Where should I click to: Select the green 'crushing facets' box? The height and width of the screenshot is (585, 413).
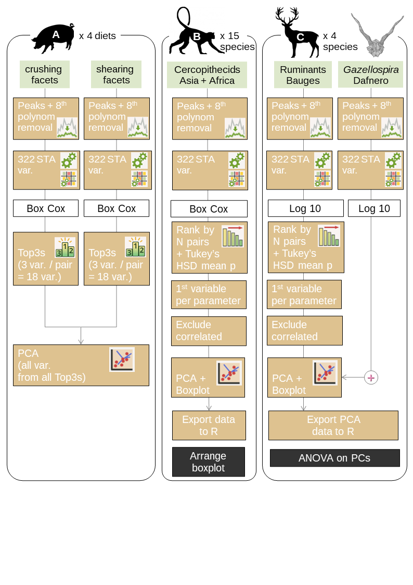[44, 74]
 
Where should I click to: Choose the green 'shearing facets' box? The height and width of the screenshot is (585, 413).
[116, 74]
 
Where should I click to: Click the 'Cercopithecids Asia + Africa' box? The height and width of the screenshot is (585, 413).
[207, 75]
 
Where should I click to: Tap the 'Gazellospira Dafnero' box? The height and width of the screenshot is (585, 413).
[370, 74]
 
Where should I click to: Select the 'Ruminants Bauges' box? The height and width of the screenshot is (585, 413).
[303, 75]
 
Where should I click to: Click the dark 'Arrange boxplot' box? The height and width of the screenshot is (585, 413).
[208, 462]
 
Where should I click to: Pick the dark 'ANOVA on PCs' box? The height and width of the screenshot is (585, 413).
[334, 458]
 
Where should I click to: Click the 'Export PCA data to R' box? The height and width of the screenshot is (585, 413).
[333, 425]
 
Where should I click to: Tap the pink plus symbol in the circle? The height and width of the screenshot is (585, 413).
[371, 378]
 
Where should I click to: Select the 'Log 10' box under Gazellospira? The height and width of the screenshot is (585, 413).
[374, 208]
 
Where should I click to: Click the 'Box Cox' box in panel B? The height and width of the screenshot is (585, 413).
[209, 209]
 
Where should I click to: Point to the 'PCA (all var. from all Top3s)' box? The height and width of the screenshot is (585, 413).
[81, 365]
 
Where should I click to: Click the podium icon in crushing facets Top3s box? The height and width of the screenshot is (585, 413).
[65, 247]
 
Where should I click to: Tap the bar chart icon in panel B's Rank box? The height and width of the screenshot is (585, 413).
[232, 236]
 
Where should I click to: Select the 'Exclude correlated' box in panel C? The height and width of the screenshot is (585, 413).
[304, 330]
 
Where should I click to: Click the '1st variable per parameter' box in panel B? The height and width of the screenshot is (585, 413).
[209, 294]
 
